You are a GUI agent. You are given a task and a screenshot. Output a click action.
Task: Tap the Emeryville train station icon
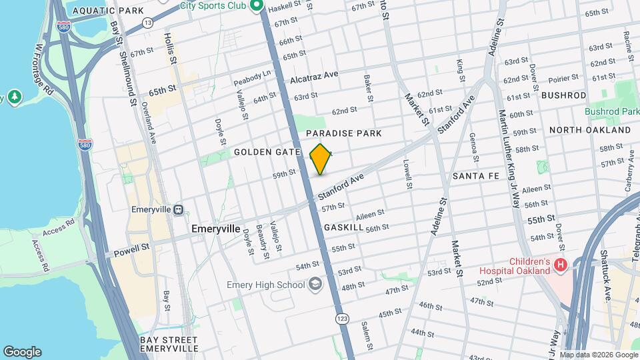178,210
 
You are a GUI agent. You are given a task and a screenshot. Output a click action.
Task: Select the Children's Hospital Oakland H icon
561,265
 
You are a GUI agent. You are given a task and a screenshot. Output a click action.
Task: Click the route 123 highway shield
342,319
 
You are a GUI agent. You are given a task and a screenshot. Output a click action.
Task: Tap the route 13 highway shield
147,23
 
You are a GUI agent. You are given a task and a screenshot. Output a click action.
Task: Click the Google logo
22,351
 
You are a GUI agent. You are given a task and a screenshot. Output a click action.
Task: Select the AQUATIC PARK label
98,11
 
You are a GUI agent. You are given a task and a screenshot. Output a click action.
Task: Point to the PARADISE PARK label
344,133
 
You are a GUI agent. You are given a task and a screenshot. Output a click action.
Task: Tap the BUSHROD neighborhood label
563,95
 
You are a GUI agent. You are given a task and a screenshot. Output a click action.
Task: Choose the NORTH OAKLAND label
589,130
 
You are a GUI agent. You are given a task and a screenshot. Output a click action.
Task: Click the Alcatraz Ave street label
314,78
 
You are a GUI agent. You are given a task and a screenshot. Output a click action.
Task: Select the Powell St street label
131,248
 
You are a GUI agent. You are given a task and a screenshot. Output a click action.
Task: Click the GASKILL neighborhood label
343,227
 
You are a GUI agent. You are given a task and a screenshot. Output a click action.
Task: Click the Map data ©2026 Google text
597,354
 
